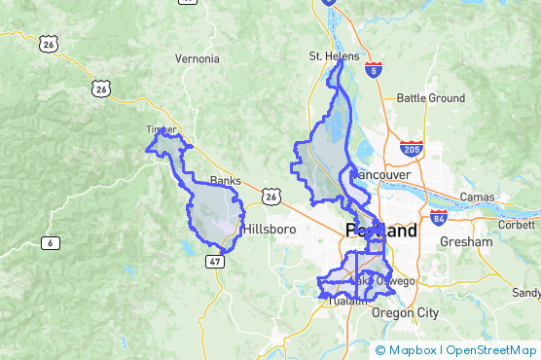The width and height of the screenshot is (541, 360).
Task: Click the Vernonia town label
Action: pyautogui.click(x=198, y=58)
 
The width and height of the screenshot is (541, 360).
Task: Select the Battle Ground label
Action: pyautogui.click(x=431, y=98)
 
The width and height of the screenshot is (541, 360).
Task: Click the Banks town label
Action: pyautogui.click(x=225, y=180)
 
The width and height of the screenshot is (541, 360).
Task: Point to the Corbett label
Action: pyautogui.click(x=516, y=224)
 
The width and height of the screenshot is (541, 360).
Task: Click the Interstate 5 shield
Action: pyautogui.click(x=376, y=69)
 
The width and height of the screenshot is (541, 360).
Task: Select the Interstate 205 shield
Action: pyautogui.click(x=411, y=149)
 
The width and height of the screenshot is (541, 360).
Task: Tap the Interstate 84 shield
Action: pyautogui.click(x=439, y=217)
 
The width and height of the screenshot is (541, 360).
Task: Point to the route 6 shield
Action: pyautogui.click(x=49, y=242)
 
